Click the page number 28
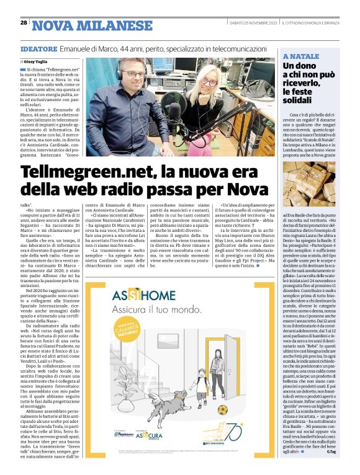click(23, 22)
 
